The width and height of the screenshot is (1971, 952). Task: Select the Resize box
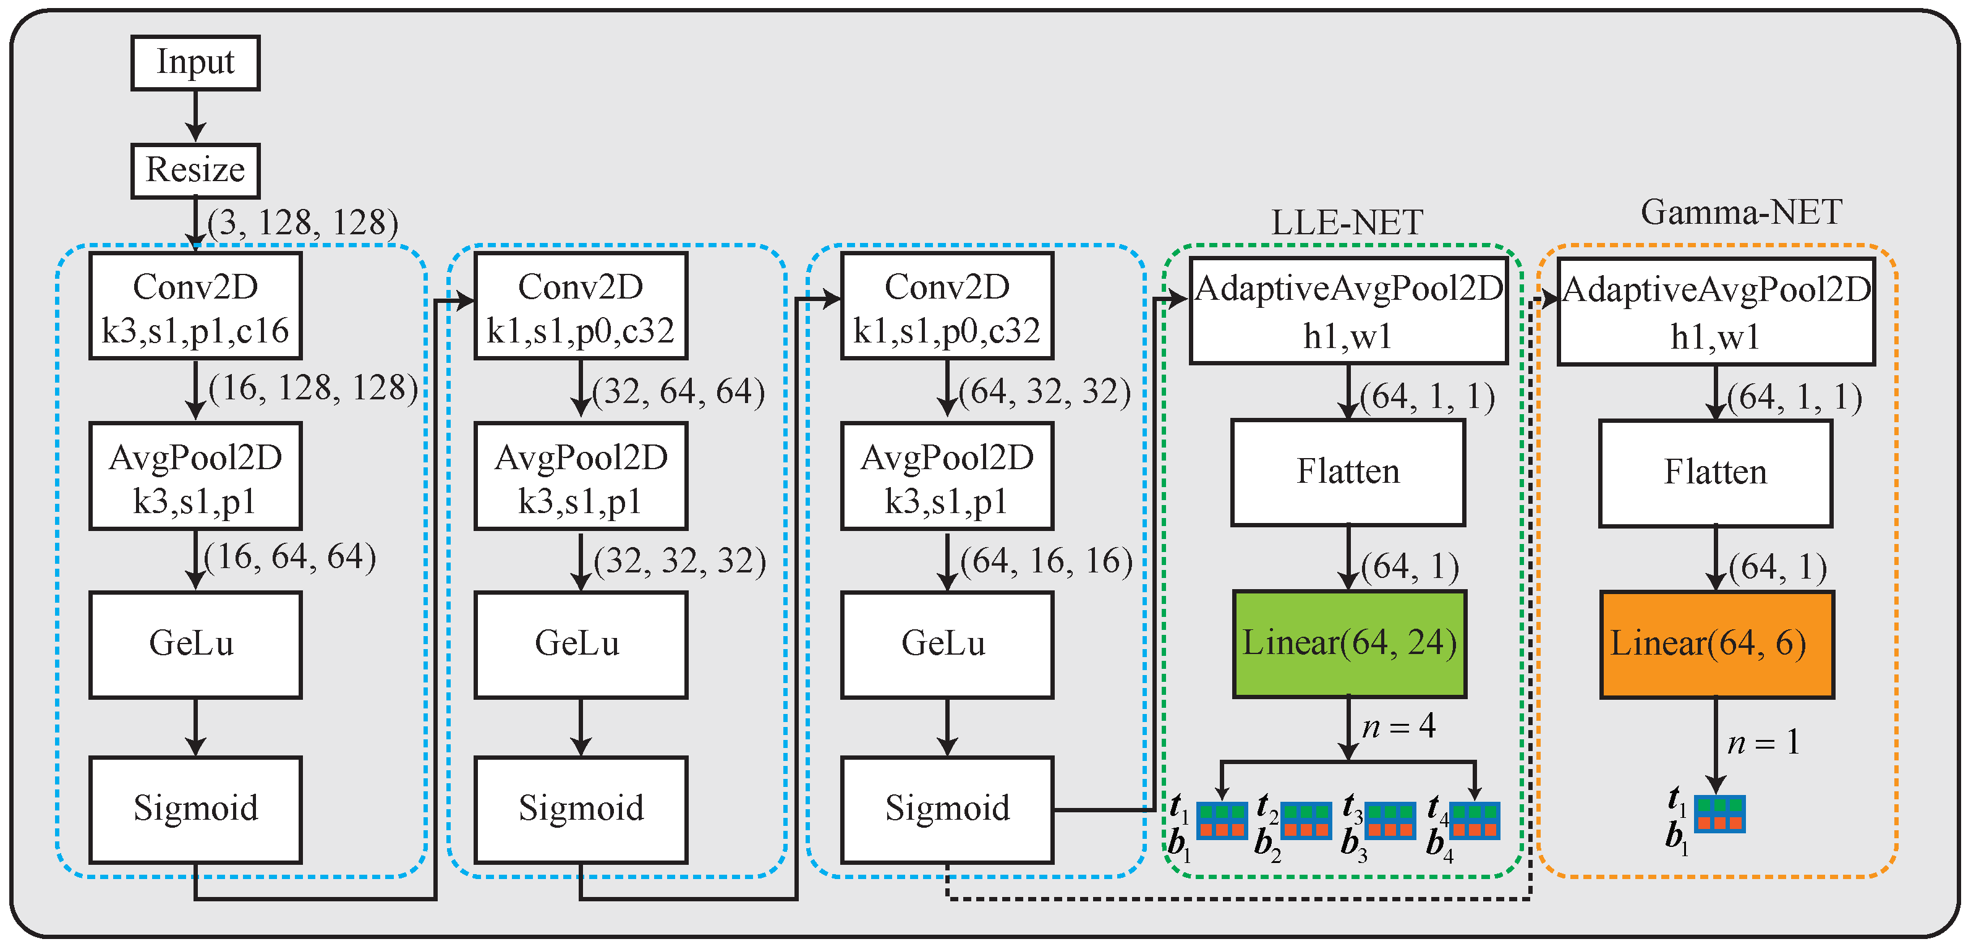click(x=195, y=170)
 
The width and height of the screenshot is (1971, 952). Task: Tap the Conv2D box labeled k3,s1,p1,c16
click(x=195, y=306)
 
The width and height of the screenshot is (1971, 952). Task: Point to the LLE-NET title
click(x=1347, y=223)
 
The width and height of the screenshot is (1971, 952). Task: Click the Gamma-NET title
click(x=1742, y=213)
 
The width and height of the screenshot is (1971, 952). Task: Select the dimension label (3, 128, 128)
click(x=303, y=223)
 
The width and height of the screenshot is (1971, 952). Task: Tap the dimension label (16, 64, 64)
click(x=291, y=557)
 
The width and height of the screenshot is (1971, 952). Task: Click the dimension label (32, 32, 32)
click(x=679, y=561)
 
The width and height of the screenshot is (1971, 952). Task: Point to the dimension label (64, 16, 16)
click(x=1046, y=561)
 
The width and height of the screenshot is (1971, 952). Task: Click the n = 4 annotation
click(x=1398, y=726)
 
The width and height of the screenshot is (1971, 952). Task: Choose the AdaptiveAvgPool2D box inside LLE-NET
click(x=1348, y=311)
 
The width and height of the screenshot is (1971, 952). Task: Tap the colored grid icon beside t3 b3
click(x=1390, y=820)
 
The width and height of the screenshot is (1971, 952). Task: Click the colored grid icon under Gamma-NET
click(x=1719, y=814)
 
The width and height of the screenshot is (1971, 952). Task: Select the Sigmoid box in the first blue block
click(x=195, y=809)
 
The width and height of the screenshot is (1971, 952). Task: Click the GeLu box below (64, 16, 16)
click(x=947, y=644)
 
